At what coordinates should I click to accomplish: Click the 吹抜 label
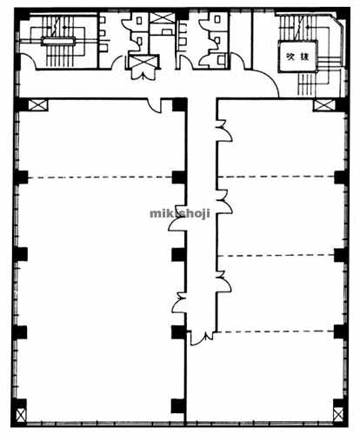coord(297,57)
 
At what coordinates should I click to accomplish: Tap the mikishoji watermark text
coord(180,214)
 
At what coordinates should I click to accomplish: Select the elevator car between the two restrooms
coord(143,62)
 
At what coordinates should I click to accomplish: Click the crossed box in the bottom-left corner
coord(21,415)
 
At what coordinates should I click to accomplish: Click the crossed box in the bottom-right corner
coord(338,414)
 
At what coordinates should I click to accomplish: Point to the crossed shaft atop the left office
coord(38,104)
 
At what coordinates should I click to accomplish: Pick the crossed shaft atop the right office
coord(323,105)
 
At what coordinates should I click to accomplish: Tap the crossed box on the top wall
coord(162,18)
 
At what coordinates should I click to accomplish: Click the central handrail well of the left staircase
coord(58,41)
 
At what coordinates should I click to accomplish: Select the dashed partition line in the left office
coord(100,177)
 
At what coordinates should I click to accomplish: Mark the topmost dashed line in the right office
coord(276,177)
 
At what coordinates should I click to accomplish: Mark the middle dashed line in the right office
coord(276,255)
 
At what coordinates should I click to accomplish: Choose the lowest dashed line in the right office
coord(276,331)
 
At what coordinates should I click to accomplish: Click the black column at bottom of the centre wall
coord(178,406)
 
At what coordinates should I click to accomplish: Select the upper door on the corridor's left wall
coord(177,224)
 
